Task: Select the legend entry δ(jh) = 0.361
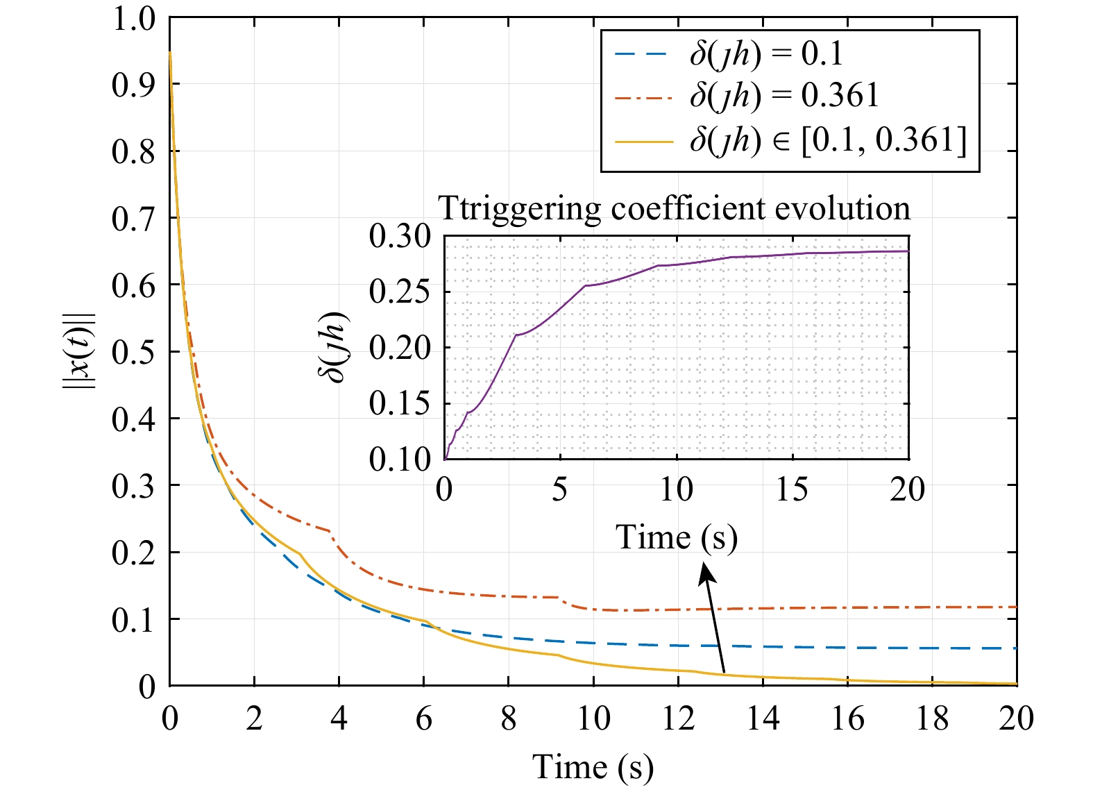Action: [x=784, y=96]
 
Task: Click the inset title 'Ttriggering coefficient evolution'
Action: [x=674, y=208]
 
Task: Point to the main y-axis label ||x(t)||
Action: [x=80, y=351]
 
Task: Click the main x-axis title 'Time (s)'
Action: [x=593, y=767]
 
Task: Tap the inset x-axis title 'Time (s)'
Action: [x=677, y=537]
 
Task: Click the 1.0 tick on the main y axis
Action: [x=133, y=18]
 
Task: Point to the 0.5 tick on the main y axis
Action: [x=133, y=352]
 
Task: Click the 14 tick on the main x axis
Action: [x=763, y=718]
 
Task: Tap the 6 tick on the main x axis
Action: [x=424, y=718]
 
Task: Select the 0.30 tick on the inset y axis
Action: [x=400, y=237]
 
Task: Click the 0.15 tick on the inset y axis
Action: [x=400, y=404]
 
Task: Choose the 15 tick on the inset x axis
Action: [x=792, y=490]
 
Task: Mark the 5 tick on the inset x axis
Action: [x=560, y=490]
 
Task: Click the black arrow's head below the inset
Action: [x=706, y=571]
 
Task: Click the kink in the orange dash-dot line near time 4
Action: [x=330, y=531]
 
